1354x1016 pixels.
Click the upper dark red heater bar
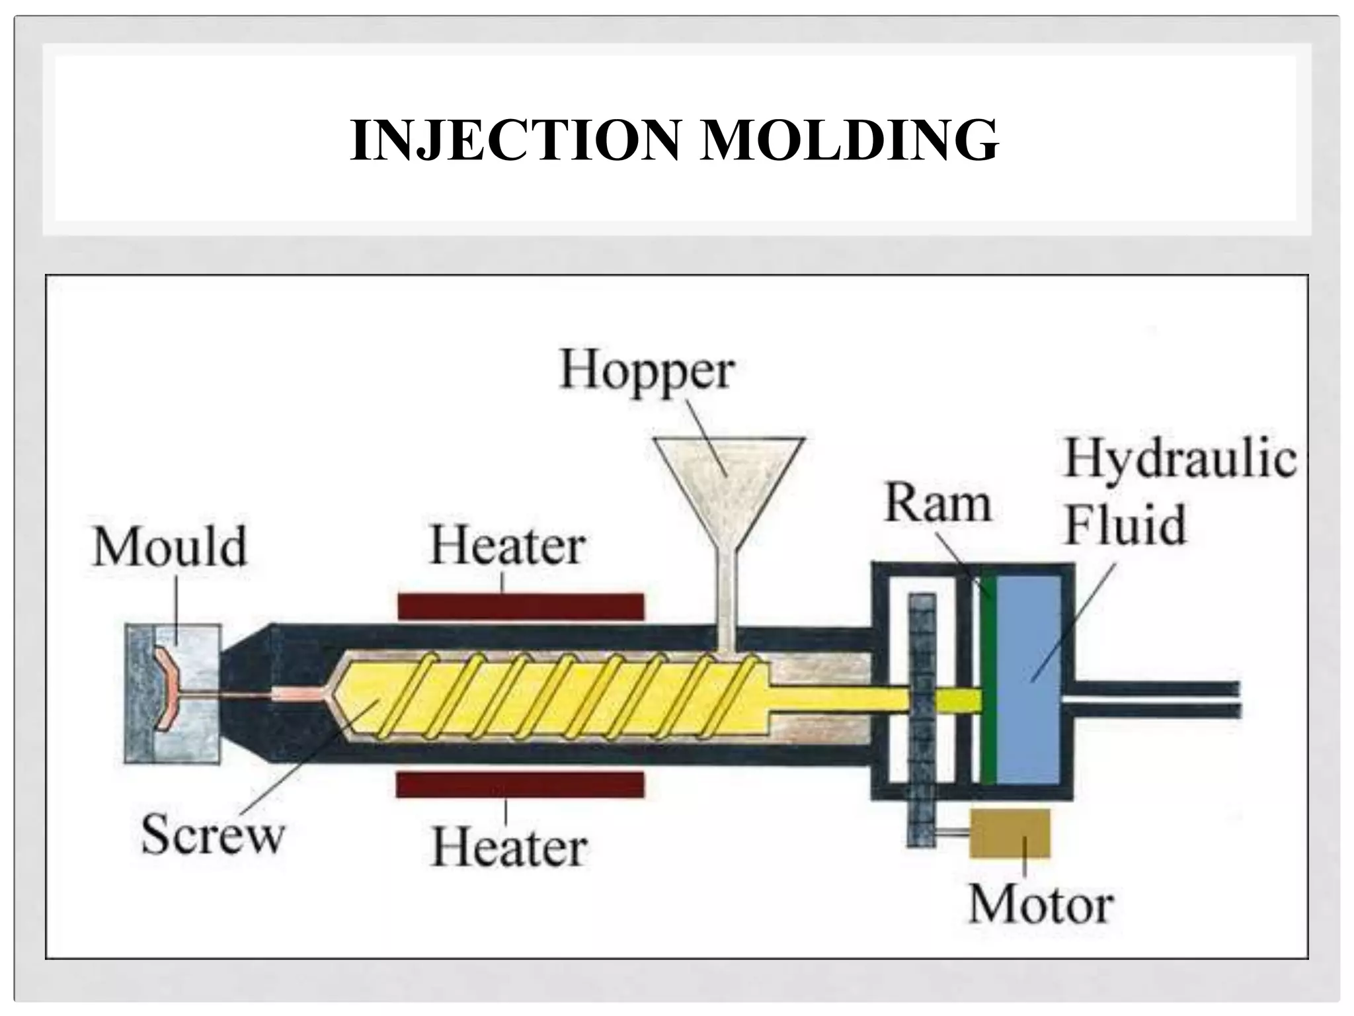[520, 606]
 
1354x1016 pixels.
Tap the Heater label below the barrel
[508, 847]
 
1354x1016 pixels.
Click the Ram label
[937, 504]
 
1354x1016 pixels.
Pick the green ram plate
[988, 681]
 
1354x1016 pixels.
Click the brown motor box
[1010, 833]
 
